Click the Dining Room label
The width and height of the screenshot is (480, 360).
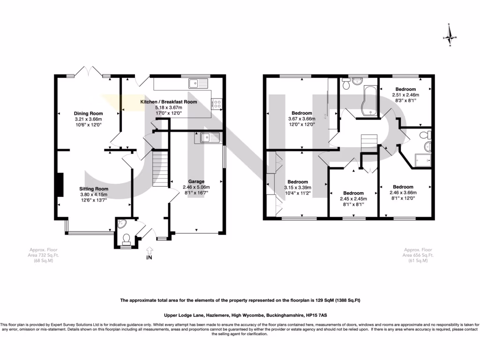88,113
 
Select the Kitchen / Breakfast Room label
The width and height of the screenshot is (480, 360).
169,102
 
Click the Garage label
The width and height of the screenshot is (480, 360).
196,181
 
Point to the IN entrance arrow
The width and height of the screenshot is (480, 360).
149,252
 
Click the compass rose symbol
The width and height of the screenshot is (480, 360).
450,36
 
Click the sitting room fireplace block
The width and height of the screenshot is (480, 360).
60,185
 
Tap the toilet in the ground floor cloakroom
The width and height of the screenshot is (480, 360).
126,240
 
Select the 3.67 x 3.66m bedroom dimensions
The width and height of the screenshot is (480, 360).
302,119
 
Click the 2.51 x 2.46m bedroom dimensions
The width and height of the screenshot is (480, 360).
405,95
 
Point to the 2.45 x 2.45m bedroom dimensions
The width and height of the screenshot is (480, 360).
353,199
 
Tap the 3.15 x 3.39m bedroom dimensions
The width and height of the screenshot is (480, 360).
298,187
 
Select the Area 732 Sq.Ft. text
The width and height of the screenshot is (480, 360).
46,255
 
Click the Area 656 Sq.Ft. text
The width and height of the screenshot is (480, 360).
419,255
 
